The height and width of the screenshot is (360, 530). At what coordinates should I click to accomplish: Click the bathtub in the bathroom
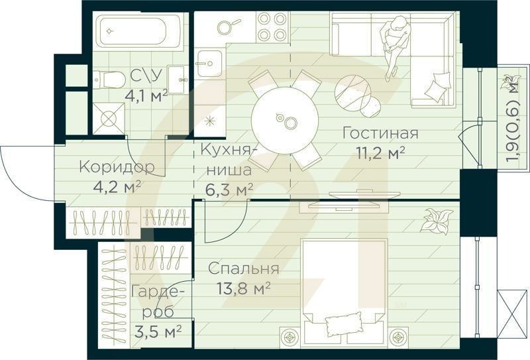[140, 31]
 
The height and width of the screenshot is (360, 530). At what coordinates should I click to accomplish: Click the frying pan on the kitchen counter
[226, 27]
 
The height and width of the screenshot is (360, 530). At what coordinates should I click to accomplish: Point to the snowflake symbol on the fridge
[211, 121]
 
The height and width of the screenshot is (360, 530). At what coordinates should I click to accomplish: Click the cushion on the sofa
[438, 88]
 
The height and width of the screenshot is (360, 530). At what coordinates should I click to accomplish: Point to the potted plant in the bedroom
[437, 220]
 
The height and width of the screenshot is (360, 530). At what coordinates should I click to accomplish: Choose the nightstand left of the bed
[290, 337]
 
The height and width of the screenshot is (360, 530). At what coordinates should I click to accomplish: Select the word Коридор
[117, 167]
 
